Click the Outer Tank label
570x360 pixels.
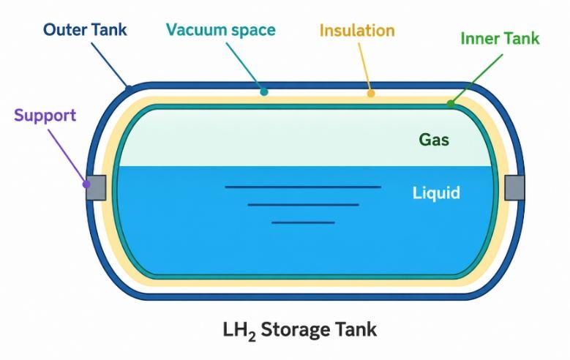pos(85,30)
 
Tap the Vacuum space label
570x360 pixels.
pos(221,30)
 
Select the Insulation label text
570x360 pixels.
pos(357,31)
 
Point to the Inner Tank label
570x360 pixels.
pos(500,39)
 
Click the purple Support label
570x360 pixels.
pos(45,116)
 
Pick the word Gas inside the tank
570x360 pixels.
pos(434,140)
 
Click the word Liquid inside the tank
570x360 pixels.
pos(436,193)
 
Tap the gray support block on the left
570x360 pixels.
pos(96,187)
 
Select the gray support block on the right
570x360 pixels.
pos(514,187)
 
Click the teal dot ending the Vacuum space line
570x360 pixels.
pos(264,92)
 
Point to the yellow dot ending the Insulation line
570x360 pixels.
pos(371,94)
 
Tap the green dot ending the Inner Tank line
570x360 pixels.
pos(451,104)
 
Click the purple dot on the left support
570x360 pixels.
pos(86,184)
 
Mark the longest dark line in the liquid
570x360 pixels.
pos(303,187)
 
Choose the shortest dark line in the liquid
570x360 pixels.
pos(303,222)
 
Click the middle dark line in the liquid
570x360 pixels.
pos(303,205)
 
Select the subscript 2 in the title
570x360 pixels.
pos(252,337)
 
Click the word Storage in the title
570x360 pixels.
pos(295,330)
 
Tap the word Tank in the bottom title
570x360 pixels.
pos(356,329)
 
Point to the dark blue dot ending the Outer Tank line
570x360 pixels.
pos(129,89)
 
